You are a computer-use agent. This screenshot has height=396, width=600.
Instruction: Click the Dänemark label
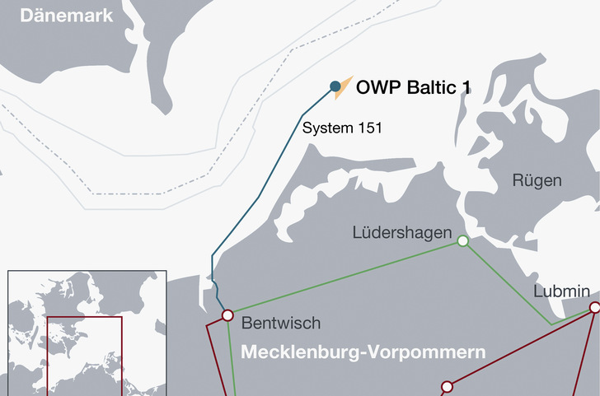coord(54,15)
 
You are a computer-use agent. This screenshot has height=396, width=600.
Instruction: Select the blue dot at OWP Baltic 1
coord(335,86)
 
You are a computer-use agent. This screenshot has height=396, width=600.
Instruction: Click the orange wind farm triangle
coord(345,86)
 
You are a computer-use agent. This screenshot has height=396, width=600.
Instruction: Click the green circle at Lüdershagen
coord(463,240)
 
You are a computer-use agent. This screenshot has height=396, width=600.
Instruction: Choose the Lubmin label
coord(561,291)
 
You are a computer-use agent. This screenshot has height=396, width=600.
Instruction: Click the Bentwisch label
coord(282,323)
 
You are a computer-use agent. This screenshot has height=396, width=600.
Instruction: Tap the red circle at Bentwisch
coord(227,315)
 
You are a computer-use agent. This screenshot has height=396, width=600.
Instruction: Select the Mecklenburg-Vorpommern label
coord(363,352)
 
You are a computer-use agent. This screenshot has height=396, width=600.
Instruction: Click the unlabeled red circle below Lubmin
coord(448,386)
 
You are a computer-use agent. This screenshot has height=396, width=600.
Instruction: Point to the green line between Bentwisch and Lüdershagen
coord(346,277)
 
